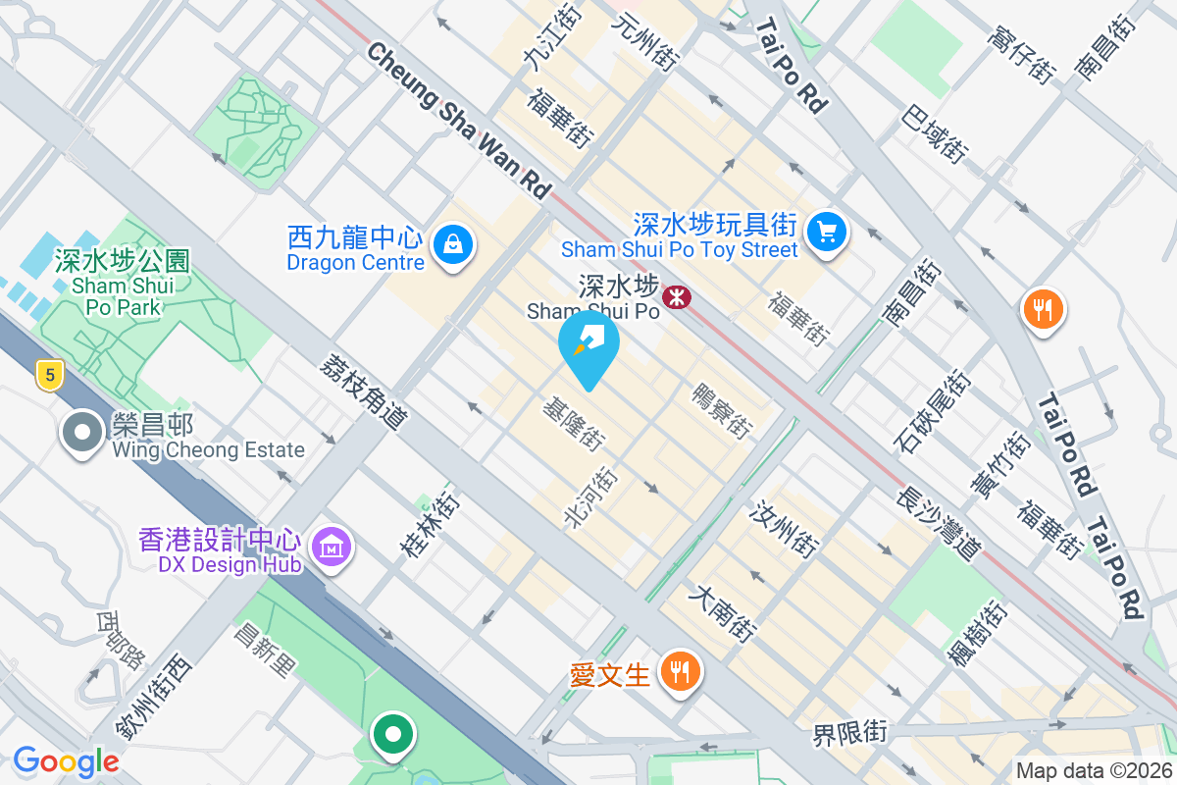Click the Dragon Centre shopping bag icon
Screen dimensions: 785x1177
[x=453, y=244]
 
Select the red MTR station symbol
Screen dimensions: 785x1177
[x=676, y=295]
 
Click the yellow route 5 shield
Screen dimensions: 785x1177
[x=49, y=374]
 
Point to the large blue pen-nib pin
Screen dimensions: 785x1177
[x=588, y=347]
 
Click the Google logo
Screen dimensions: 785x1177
[x=66, y=761]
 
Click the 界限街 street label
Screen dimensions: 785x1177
[x=849, y=732]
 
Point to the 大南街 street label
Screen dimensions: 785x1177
[x=723, y=613]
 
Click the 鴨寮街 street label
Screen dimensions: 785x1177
[x=721, y=410]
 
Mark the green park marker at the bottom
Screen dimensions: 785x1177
[x=393, y=733]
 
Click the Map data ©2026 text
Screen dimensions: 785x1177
[x=1094, y=771]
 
